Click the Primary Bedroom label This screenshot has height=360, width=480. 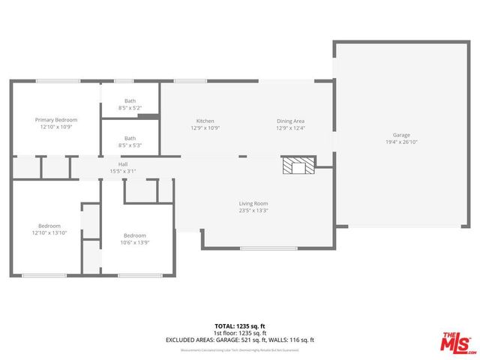[56, 120]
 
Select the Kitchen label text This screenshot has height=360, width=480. [205, 121]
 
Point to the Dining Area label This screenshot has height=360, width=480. [290, 121]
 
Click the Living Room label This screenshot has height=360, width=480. [253, 203]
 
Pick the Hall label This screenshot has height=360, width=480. [123, 164]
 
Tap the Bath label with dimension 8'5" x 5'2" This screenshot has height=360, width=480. [130, 100]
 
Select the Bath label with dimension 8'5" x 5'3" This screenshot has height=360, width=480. [130, 138]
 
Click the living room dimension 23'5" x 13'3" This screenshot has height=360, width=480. [253, 210]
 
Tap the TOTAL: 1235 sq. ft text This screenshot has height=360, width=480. [240, 325]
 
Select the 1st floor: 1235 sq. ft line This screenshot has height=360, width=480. [240, 332]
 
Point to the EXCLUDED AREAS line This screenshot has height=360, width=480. [240, 340]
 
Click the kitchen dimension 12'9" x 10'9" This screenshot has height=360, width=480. [205, 127]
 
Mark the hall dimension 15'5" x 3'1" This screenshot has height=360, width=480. [123, 171]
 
